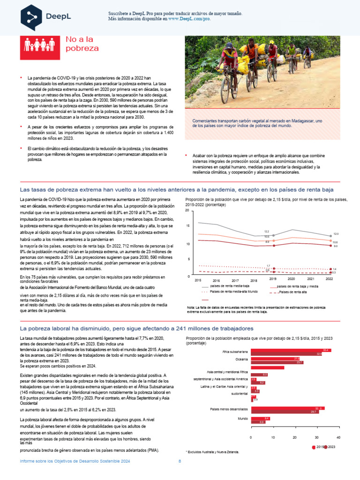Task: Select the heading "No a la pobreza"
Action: click(x=82, y=45)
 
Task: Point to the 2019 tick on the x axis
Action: click(x=273, y=278)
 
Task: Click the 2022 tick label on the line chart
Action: click(x=329, y=278)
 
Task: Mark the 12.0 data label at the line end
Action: click(x=336, y=233)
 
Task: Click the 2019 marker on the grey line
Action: click(x=273, y=235)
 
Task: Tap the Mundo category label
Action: click(x=242, y=418)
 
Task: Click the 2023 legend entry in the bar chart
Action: click(x=330, y=447)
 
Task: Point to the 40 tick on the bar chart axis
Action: click(x=338, y=437)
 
